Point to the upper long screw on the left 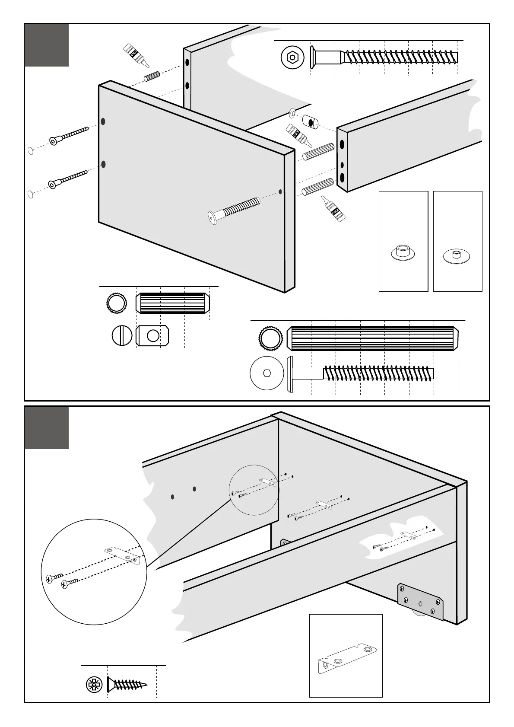pos(69,135)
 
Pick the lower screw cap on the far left pos(31,194)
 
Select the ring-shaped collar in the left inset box pos(403,253)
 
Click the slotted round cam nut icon pos(122,336)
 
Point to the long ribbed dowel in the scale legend pos(374,338)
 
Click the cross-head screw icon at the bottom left pos(94,685)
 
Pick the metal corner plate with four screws pos(421,602)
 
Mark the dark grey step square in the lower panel pos(47,427)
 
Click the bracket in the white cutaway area pos(409,536)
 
